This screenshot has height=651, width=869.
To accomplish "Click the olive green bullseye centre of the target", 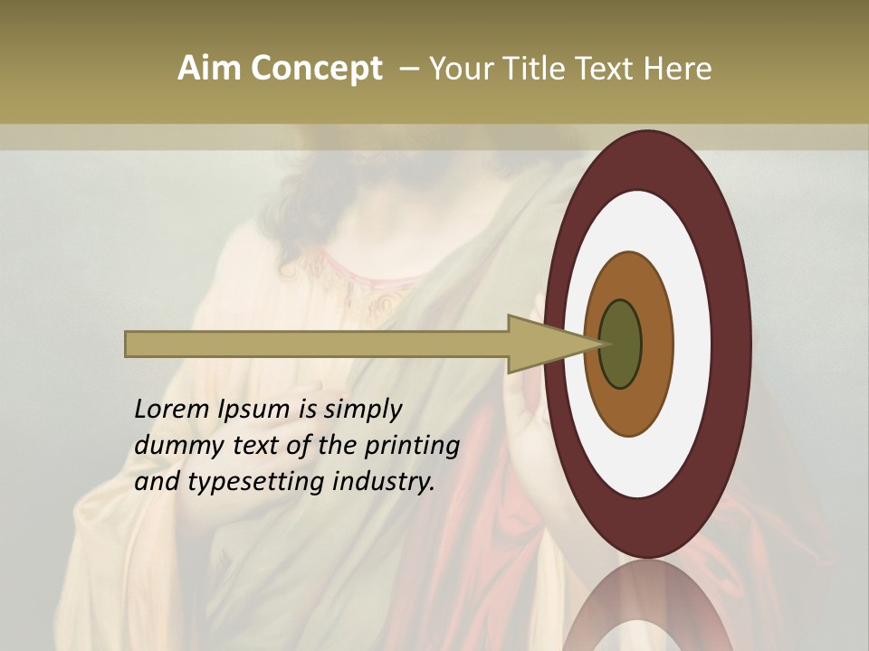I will (621, 344).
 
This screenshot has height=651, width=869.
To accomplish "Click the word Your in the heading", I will (456, 69).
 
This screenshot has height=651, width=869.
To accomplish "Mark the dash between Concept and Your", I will (408, 70).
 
